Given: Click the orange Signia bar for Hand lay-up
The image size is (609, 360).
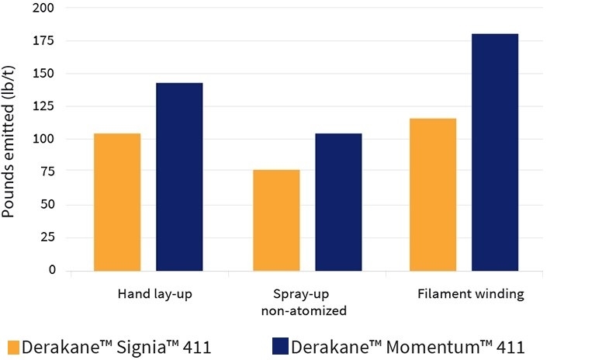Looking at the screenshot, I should coord(117,202).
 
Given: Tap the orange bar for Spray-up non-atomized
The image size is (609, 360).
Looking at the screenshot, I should coord(276,220).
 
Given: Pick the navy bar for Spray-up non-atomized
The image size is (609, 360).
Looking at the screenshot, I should coord(338,202).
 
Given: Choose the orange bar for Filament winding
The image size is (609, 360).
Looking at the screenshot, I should coord(433,194).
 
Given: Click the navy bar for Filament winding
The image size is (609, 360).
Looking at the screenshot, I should coord(495,152).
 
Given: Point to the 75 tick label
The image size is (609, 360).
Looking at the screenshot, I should coord(49,172).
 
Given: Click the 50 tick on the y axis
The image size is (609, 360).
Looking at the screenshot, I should coord(49,205).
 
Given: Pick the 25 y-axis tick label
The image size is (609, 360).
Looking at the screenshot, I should coord(49,237).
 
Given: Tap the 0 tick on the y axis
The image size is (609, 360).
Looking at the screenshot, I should coord(53,270).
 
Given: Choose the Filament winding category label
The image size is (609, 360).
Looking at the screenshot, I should coord(470,295).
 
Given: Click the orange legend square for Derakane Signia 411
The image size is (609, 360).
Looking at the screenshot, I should coord(13,347).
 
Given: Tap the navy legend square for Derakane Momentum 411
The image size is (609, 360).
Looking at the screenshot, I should coord(281,347).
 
